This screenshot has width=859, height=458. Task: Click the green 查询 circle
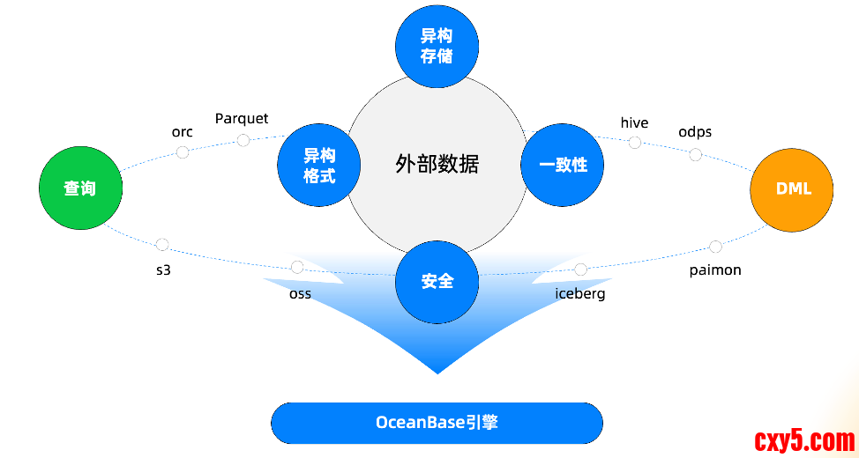click(x=80, y=188)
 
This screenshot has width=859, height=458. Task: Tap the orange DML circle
click(x=792, y=188)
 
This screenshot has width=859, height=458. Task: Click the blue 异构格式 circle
click(x=319, y=165)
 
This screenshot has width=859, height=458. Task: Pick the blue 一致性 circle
click(x=562, y=165)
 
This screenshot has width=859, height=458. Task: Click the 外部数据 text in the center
click(x=437, y=165)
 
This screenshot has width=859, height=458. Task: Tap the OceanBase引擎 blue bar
click(x=437, y=423)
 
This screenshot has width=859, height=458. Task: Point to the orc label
click(x=182, y=132)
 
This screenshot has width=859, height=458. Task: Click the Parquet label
click(x=242, y=118)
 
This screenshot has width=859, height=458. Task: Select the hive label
click(x=634, y=122)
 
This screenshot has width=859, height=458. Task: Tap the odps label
click(x=695, y=132)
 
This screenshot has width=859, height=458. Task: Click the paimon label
click(x=715, y=270)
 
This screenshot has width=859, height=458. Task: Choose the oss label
click(x=300, y=293)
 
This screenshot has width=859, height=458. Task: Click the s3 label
click(x=162, y=270)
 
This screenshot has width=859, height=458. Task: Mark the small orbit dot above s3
click(x=161, y=245)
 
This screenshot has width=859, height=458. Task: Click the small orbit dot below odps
click(x=695, y=155)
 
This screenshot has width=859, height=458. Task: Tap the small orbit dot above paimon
click(x=715, y=247)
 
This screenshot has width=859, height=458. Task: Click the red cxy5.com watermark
click(x=803, y=440)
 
